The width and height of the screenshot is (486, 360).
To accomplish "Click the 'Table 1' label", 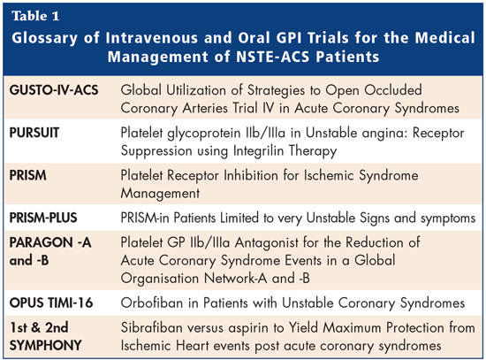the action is click(35, 16).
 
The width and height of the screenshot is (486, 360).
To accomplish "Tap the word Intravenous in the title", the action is click(152, 38).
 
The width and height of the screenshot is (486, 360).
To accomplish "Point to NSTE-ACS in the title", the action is click(273, 57).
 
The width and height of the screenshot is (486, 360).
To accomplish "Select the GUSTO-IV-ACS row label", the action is click(54, 90).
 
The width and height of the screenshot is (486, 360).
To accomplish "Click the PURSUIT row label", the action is click(34, 133).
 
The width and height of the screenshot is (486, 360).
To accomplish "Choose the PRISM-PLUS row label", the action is click(43, 218).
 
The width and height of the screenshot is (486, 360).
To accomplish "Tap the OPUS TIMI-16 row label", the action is click(51, 303).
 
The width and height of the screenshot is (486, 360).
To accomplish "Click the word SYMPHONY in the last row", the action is click(46, 346).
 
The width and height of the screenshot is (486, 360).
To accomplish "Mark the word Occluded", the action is click(393, 90).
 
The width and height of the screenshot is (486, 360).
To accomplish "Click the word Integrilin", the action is click(259, 151).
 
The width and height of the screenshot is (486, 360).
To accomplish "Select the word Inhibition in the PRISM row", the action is click(251, 175).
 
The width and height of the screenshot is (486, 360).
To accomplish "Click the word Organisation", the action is click(160, 279).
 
